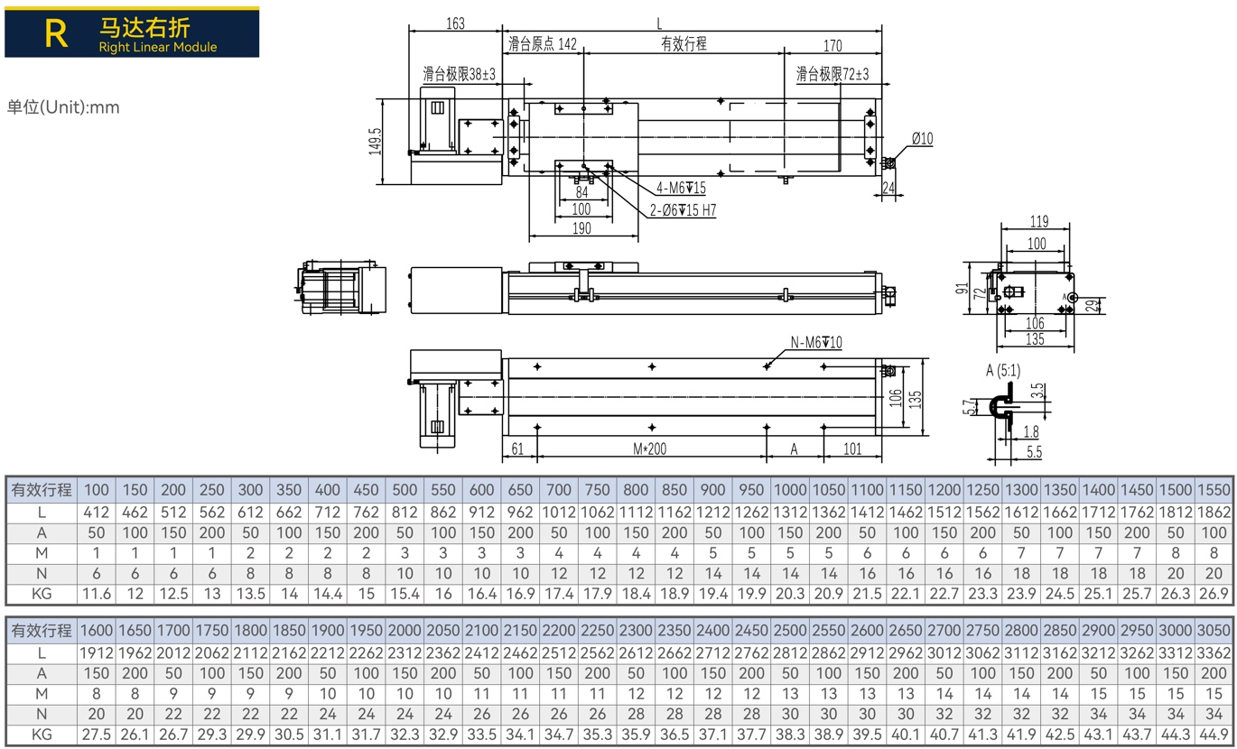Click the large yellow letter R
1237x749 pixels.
56,33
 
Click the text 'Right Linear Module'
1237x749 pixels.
158,47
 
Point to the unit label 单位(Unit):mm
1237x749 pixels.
63,106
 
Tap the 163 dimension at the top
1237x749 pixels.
456,23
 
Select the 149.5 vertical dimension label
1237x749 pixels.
375,142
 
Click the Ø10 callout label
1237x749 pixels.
922,138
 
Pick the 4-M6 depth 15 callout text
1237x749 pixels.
681,188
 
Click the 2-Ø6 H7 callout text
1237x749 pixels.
683,209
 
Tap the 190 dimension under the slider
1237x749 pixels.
581,228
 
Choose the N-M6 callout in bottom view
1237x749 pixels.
816,342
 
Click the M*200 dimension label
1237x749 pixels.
649,448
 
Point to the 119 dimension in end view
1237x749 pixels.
1039,221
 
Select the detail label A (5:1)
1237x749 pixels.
1003,370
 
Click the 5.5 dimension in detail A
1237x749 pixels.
1035,453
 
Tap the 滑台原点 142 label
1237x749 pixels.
543,43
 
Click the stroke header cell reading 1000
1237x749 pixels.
790,490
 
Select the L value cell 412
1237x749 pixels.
96,513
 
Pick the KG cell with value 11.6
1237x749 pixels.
96,594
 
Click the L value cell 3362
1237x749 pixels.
1214,653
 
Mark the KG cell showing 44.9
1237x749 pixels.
1214,735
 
